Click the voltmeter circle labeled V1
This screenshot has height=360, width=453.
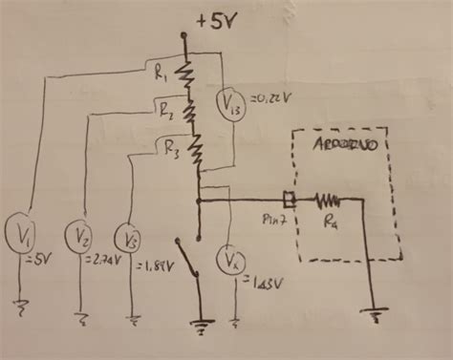pyautogui.click(x=21, y=232)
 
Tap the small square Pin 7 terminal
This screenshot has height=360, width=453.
pyautogui.click(x=294, y=201)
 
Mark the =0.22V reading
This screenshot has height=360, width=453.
pyautogui.click(x=270, y=99)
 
